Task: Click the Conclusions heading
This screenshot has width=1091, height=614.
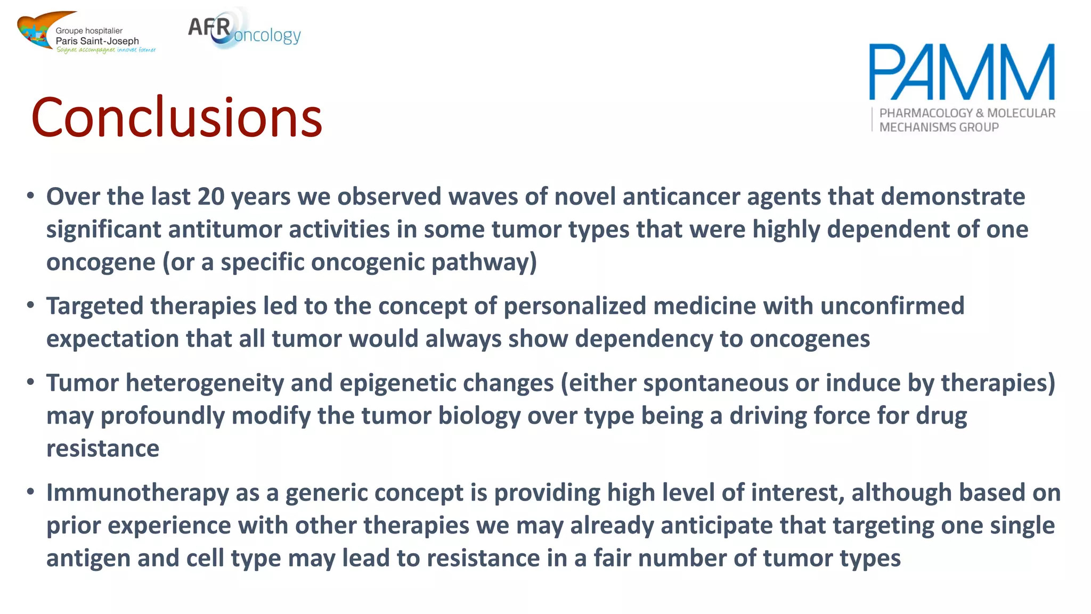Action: coord(177,117)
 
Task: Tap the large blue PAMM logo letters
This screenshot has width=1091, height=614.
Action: coord(962,72)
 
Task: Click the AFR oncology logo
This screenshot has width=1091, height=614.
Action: coord(244,30)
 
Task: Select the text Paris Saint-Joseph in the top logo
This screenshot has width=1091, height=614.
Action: coord(97,41)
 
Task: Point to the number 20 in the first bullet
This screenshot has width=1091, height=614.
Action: coord(211,197)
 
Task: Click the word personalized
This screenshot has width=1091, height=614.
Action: coord(575,306)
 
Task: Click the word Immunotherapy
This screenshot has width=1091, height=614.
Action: coord(137,493)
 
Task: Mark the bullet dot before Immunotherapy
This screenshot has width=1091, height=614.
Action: coord(31,491)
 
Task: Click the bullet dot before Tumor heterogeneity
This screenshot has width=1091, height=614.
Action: coord(31,382)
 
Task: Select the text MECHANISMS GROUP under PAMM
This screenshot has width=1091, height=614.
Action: coord(939,127)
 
